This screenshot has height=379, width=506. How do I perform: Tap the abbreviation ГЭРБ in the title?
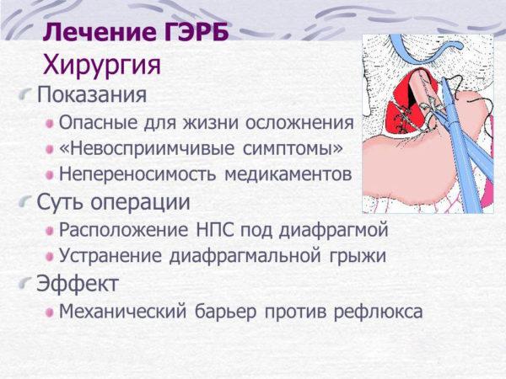(x=197, y=33)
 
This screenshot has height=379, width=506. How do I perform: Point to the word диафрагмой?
(x=336, y=231)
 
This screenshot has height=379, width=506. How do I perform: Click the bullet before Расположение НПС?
(x=51, y=231)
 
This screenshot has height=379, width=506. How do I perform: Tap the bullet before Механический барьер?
(x=51, y=312)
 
